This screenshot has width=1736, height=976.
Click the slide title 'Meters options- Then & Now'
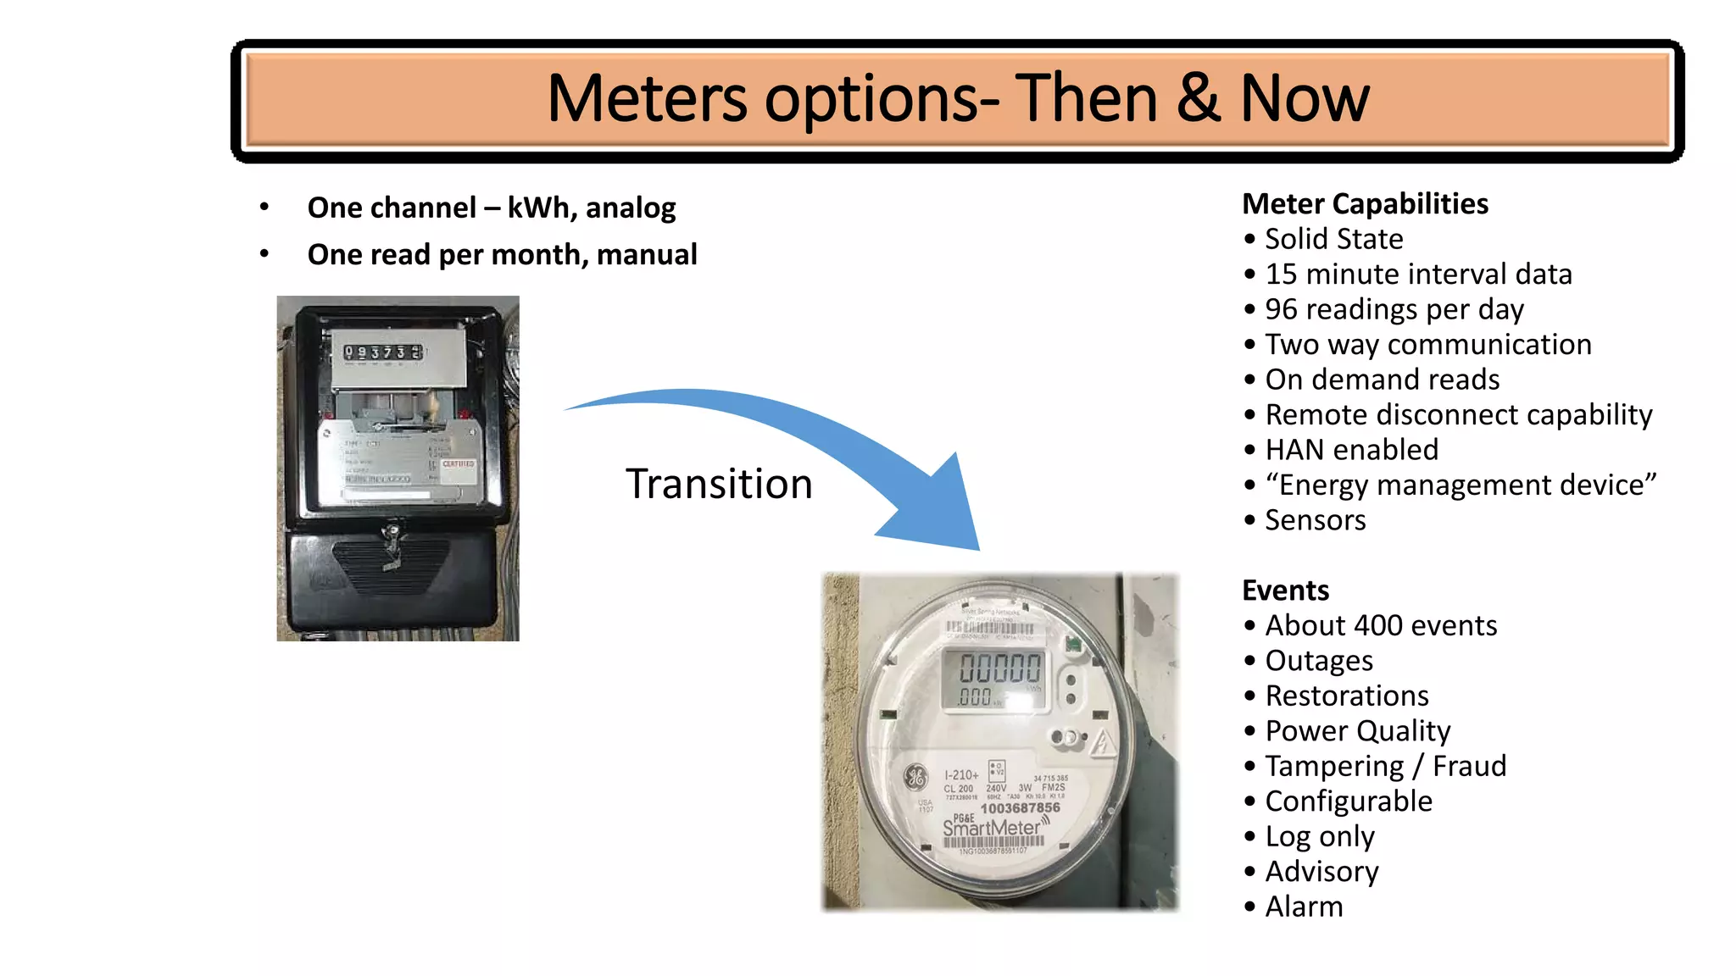(x=958, y=99)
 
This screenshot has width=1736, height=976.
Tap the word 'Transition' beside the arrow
(x=719, y=485)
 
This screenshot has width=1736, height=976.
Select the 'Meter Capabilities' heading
(x=1365, y=204)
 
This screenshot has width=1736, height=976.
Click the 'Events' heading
(x=1285, y=591)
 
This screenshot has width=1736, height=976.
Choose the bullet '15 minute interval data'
(x=1418, y=274)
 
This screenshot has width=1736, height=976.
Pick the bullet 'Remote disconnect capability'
(x=1458, y=415)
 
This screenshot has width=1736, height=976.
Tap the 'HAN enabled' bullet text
(x=1351, y=450)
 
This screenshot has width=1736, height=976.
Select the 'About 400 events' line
(x=1381, y=625)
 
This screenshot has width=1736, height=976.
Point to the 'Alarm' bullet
(x=1304, y=907)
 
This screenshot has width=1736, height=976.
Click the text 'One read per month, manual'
(x=502, y=254)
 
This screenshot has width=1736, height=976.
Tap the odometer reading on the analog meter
(x=382, y=352)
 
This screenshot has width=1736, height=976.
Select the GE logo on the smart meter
(x=915, y=775)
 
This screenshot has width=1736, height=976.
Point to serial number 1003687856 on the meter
(x=1020, y=808)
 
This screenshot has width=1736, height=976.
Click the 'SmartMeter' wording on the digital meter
(x=992, y=827)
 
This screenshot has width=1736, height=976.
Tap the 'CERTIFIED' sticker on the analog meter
(x=459, y=464)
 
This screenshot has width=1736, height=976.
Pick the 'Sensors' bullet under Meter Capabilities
(x=1315, y=520)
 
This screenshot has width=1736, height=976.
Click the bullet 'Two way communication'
(x=1427, y=345)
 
